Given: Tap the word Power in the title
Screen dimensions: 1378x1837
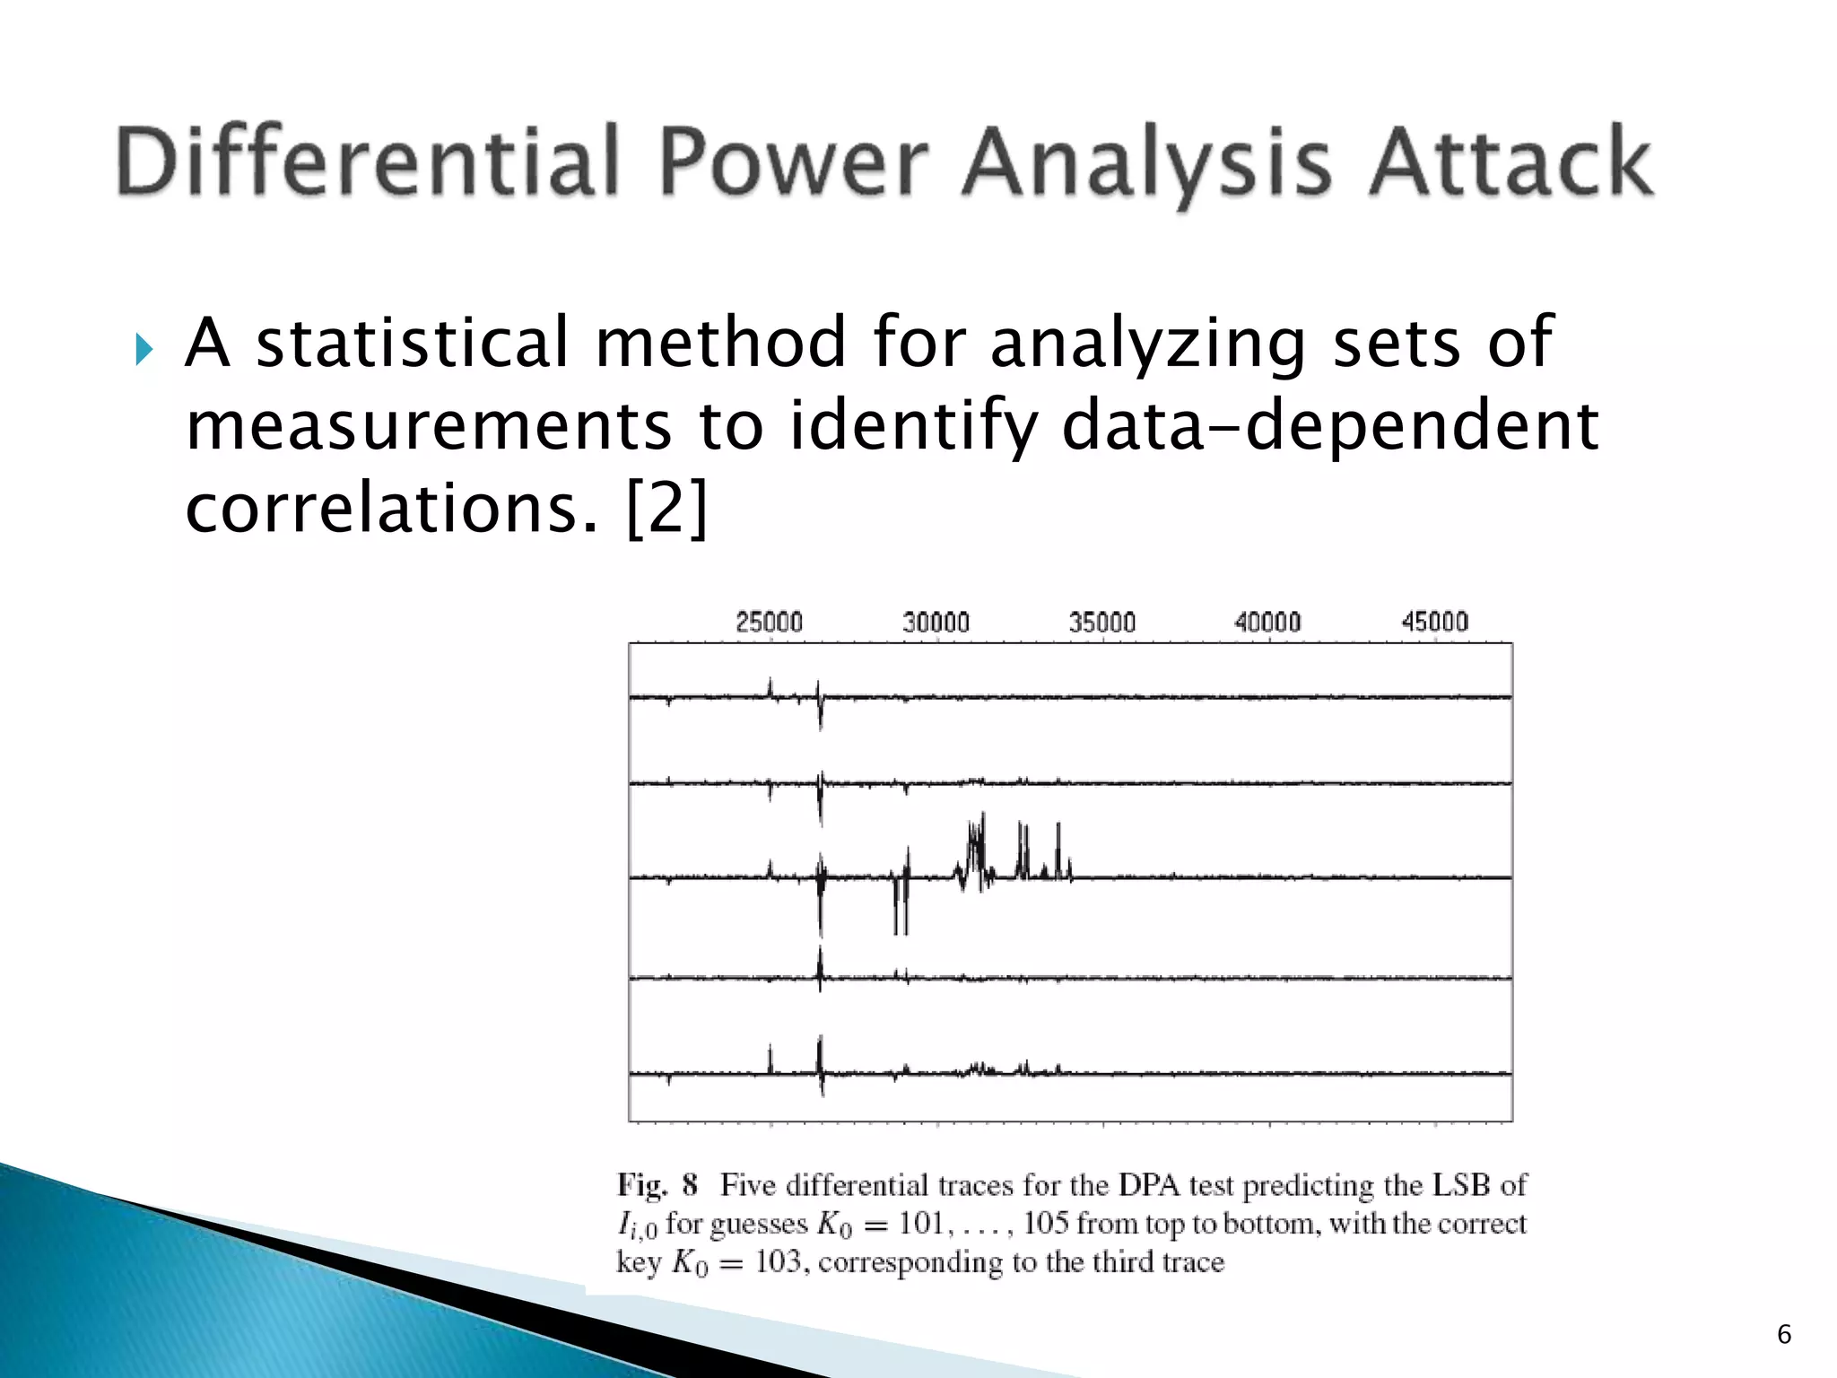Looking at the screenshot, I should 794,161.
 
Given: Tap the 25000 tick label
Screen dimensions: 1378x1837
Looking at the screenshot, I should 769,622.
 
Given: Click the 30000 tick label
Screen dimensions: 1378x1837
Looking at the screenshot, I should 936,622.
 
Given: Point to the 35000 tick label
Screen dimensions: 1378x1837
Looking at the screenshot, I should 1101,622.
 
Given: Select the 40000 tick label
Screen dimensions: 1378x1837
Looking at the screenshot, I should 1267,622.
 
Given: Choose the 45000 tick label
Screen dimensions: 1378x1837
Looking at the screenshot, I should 1434,622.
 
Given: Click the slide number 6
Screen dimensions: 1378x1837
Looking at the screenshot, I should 1784,1334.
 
